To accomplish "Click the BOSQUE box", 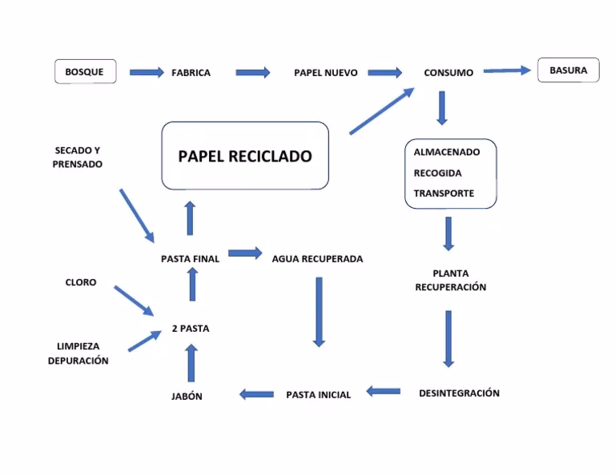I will (84, 72).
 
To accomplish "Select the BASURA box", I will (568, 70).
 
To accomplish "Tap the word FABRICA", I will (191, 73).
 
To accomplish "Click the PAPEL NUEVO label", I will (325, 73).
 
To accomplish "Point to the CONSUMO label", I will (448, 73).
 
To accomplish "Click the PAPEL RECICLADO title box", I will (245, 156).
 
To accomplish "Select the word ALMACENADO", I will (447, 152).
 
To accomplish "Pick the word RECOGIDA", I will (437, 173).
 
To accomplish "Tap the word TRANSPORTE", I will (444, 194).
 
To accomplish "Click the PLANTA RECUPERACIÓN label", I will (450, 280).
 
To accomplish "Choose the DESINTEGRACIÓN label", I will (459, 393).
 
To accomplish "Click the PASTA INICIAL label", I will (318, 395).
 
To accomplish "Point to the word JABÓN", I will (187, 397).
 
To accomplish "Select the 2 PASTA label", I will (191, 329).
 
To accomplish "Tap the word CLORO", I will (81, 282).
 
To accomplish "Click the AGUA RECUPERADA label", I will (317, 259).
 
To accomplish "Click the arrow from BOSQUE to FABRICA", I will (146, 72).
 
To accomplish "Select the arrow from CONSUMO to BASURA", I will (507, 70).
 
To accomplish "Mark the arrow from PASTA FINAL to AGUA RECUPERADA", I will (245, 253).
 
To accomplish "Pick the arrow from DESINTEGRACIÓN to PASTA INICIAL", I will (384, 391).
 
